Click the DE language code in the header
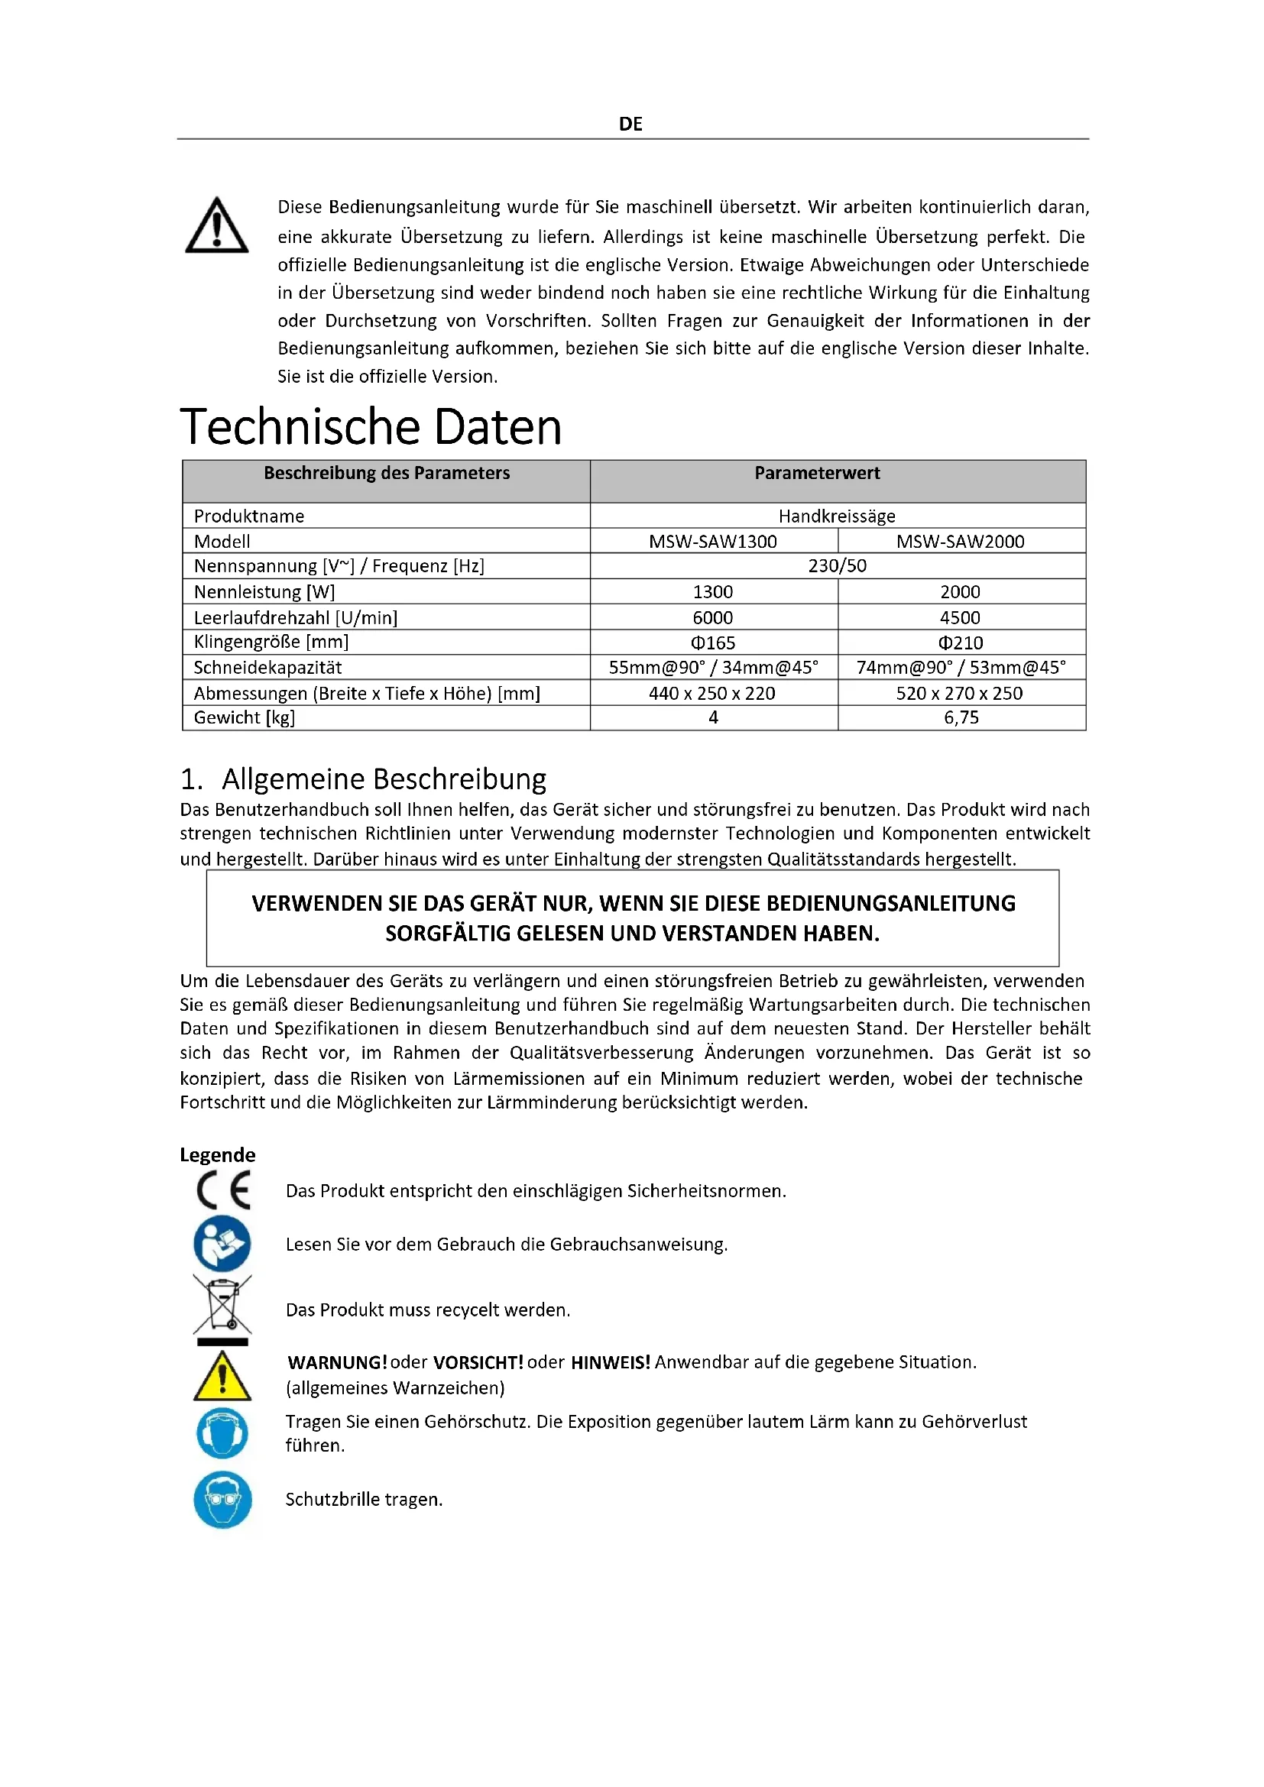coord(630,124)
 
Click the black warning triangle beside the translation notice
coord(216,226)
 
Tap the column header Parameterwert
coord(816,473)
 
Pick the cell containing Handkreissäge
coord(837,516)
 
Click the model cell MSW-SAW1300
coord(713,542)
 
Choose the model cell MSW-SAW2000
coord(960,542)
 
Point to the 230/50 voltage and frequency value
coord(837,566)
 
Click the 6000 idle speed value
coord(713,617)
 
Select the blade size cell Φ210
coord(961,643)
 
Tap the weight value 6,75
coord(961,717)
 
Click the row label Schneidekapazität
coord(267,668)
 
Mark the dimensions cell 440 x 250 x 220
coord(712,694)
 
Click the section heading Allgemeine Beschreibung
coord(384,779)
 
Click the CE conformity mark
coord(223,1190)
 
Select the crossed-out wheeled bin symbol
coord(222,1305)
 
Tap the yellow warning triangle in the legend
coord(222,1375)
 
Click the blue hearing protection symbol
coord(222,1433)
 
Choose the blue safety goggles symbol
coord(222,1499)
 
